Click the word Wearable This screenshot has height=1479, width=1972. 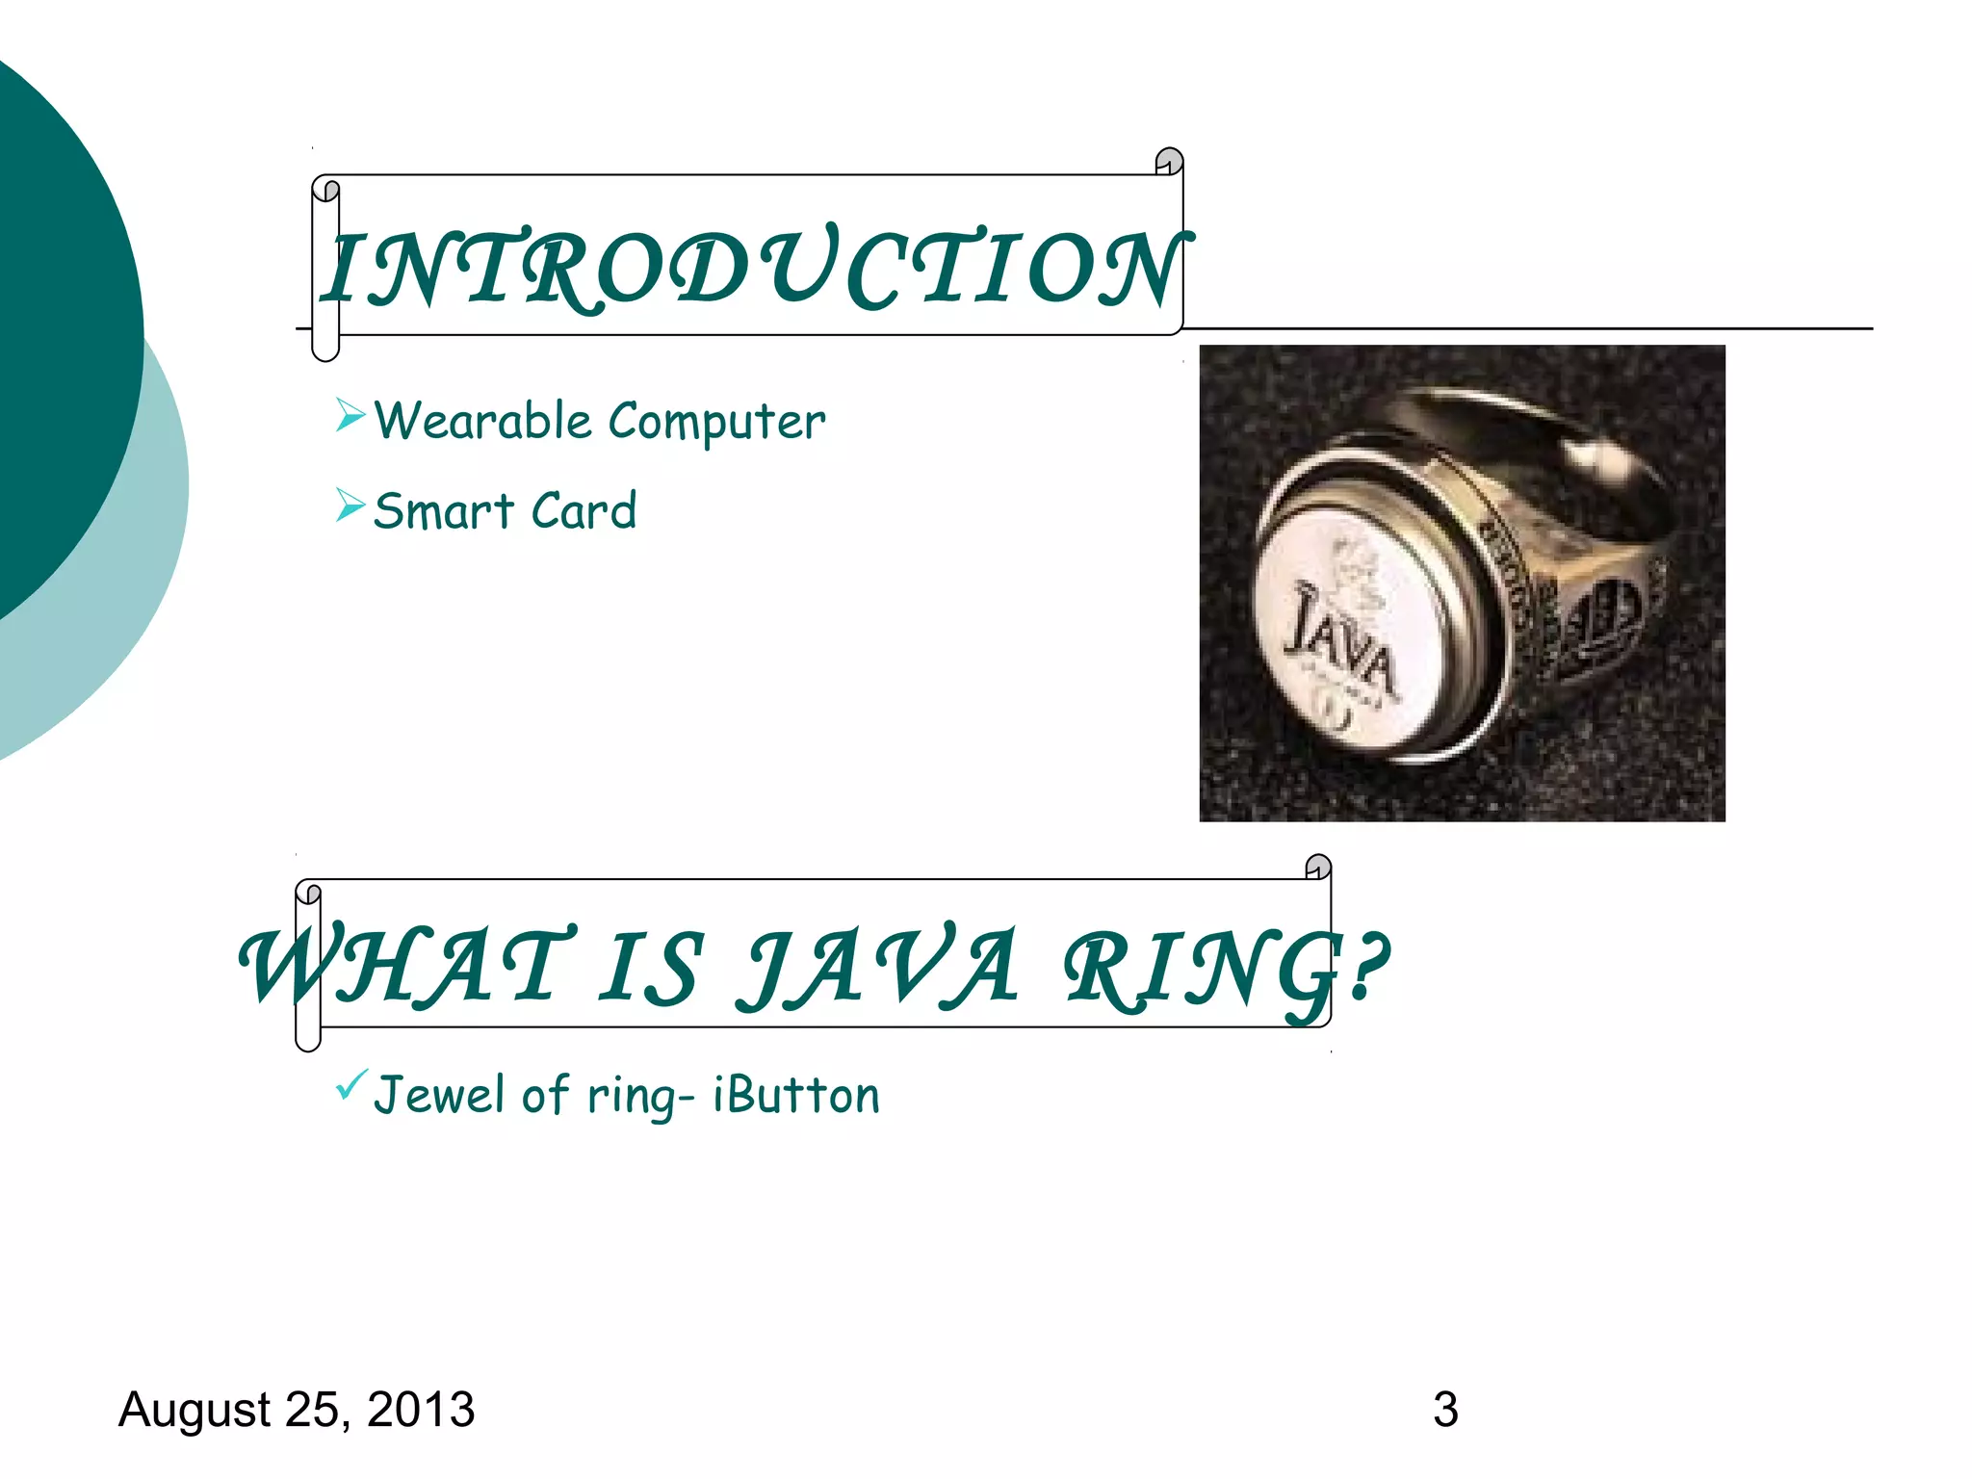(482, 421)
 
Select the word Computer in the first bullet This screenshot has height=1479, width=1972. (716, 423)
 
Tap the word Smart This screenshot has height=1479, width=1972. (444, 510)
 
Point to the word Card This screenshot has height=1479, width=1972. (584, 510)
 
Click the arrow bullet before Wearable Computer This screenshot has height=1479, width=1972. (350, 416)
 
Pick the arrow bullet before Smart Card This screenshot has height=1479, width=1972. (350, 505)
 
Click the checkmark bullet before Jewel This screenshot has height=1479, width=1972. (350, 1086)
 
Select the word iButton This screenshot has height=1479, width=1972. (795, 1096)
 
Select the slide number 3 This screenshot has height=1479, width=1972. (1445, 1410)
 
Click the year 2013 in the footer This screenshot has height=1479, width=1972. (421, 1410)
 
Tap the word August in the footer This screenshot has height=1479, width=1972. (194, 1410)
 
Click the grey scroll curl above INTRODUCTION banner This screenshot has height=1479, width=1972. (1169, 161)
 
